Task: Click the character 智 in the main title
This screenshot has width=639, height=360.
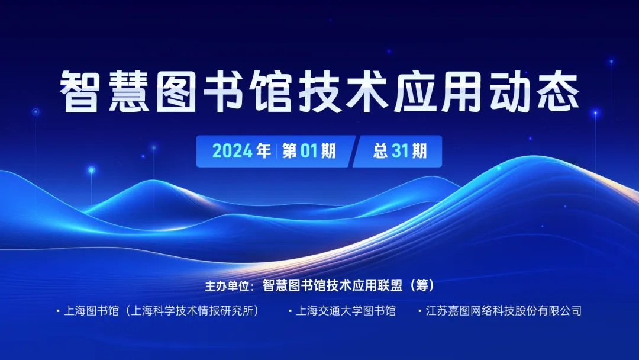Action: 80,92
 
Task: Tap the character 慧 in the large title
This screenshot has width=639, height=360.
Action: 128,92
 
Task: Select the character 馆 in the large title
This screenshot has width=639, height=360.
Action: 272,92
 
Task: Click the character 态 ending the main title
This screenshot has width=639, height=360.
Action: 559,92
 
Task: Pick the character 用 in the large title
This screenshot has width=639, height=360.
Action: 463,92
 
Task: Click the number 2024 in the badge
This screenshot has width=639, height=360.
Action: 233,151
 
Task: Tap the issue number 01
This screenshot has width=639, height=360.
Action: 308,151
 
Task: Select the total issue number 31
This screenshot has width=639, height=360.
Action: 400,151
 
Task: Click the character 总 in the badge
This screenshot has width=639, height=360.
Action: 380,151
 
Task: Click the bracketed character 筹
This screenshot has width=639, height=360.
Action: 422,285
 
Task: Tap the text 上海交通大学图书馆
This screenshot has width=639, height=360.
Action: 346,311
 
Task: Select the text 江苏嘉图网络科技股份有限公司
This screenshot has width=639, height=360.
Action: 504,311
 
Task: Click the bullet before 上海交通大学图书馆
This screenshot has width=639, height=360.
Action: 290,311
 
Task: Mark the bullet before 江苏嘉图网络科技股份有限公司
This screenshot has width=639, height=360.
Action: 420,311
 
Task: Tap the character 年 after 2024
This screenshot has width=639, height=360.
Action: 264,151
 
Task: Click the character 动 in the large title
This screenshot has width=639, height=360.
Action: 511,92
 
